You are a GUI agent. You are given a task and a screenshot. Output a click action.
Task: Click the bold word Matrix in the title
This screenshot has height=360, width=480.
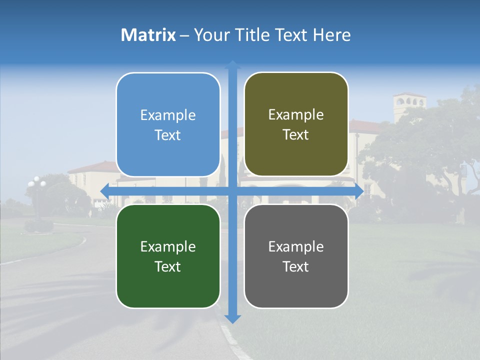tap(148, 35)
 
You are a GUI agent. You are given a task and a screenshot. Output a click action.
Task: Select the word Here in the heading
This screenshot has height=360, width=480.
tap(331, 35)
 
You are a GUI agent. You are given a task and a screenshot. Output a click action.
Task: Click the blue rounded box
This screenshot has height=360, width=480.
tap(168, 124)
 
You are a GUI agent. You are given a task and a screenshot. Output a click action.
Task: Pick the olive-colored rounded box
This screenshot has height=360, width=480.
tap(296, 124)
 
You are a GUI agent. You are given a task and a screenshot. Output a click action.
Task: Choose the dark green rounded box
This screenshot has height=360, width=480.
tap(168, 256)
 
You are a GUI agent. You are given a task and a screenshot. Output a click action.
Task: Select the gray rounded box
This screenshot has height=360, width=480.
tap(296, 256)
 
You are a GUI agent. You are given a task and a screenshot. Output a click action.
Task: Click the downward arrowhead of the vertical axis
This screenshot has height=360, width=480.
tap(232, 318)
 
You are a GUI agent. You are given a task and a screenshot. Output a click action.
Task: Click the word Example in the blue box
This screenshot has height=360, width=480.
tap(168, 115)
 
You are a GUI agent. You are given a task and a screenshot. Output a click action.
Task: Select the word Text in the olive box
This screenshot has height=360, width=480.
tap(296, 135)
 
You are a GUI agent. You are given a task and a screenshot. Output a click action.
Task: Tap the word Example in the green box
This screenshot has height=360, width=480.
tap(168, 247)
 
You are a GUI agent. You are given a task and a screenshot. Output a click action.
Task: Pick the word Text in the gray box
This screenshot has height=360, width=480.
tap(296, 267)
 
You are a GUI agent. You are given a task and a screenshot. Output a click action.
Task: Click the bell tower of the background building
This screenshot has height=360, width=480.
tap(409, 105)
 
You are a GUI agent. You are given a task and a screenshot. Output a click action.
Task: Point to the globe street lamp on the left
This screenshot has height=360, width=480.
tap(36, 183)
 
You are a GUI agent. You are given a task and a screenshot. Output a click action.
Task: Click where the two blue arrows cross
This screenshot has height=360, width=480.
tap(232, 191)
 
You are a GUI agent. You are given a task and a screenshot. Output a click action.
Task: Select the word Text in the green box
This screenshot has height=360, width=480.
tap(168, 267)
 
